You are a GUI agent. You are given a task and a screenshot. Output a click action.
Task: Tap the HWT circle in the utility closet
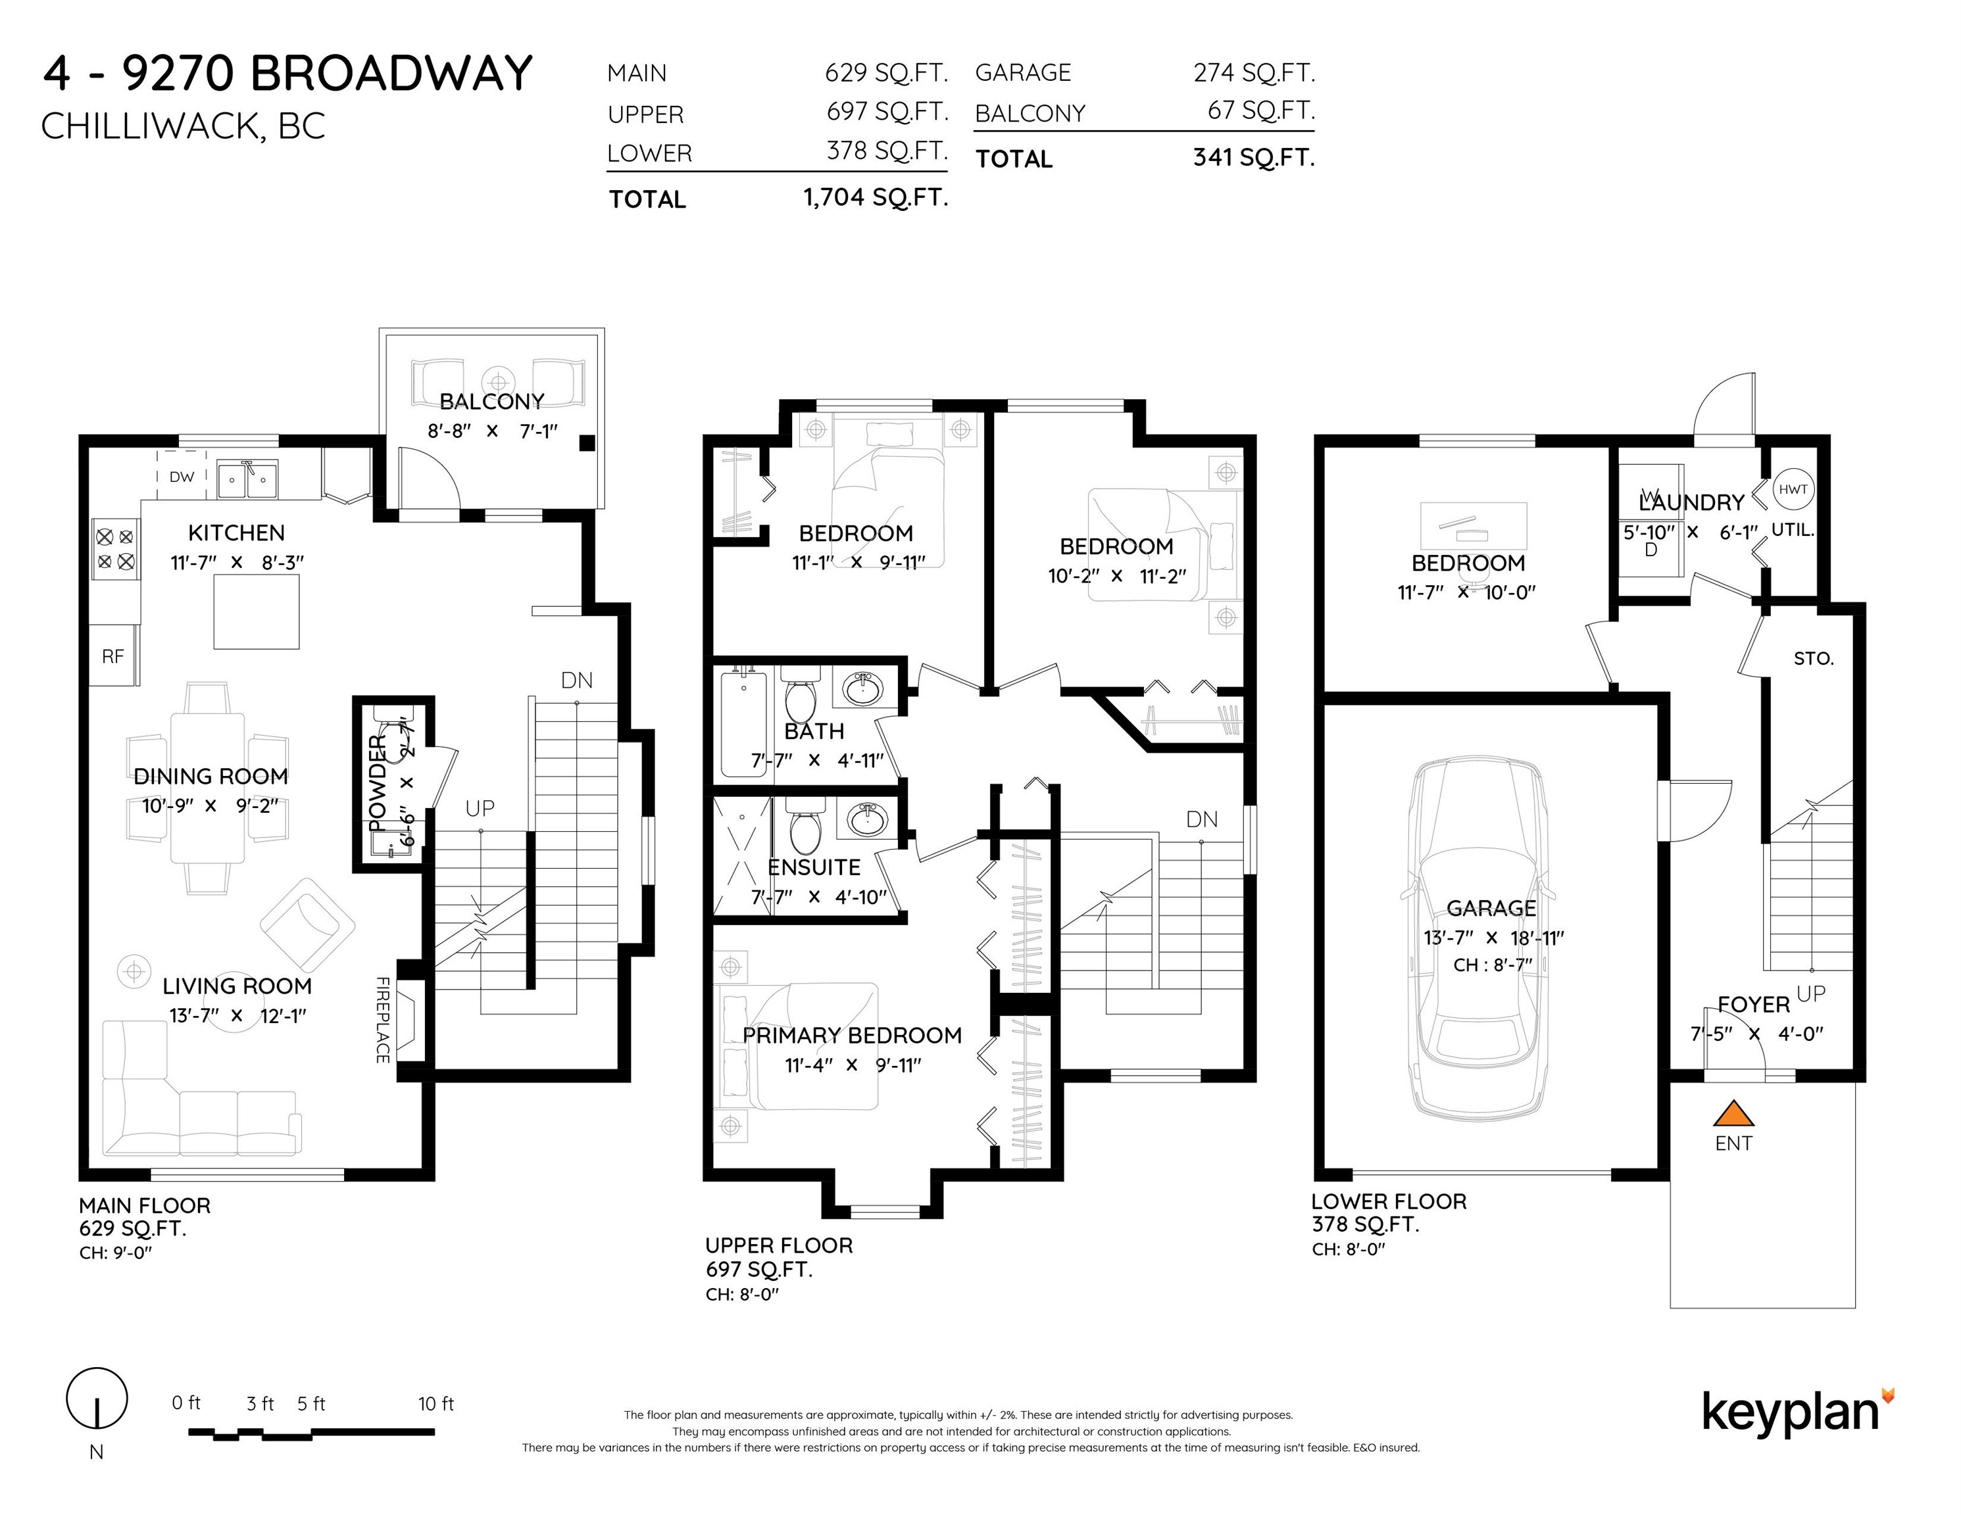coord(1793,489)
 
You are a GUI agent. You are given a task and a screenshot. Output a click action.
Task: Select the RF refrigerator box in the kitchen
coord(113,656)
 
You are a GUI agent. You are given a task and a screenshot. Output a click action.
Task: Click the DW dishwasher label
coord(182,477)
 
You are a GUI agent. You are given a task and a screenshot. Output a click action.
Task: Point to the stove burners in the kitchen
coord(116,549)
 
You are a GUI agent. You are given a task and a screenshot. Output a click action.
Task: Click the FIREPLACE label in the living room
coord(382,1021)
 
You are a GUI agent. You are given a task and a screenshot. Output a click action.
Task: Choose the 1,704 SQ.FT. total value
coord(876,197)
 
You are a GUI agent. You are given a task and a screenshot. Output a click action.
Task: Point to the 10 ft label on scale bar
coord(435,1403)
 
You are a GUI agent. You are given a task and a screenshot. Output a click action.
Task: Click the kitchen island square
coord(256,612)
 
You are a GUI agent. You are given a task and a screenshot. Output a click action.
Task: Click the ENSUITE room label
coord(814,867)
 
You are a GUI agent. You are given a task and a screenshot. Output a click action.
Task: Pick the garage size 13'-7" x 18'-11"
coord(1494,937)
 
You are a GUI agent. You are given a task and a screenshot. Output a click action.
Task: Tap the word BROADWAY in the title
coord(391,74)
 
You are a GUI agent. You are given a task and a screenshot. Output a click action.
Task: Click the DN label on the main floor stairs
coord(576,681)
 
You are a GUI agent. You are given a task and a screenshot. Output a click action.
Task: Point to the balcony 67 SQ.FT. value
coord(1260,110)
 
